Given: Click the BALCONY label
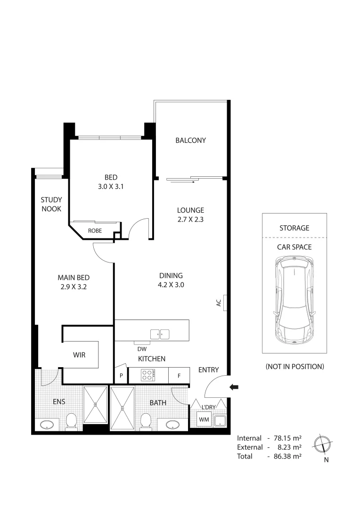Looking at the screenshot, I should (190, 140).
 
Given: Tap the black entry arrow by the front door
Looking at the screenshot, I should (234, 387).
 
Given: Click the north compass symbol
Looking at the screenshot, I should (325, 444).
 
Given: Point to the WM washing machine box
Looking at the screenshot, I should (204, 419).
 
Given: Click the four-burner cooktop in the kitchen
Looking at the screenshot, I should (148, 376).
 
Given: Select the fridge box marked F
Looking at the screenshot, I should (179, 376).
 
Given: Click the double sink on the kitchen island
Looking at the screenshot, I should (160, 334).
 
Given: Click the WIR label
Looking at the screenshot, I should (79, 355).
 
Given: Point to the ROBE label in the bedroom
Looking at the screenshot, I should (95, 231).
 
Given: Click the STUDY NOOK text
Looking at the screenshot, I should (51, 204).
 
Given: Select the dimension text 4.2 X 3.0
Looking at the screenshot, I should (170, 284).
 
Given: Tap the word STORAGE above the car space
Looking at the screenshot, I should (294, 228).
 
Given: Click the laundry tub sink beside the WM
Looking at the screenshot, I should (220, 420).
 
